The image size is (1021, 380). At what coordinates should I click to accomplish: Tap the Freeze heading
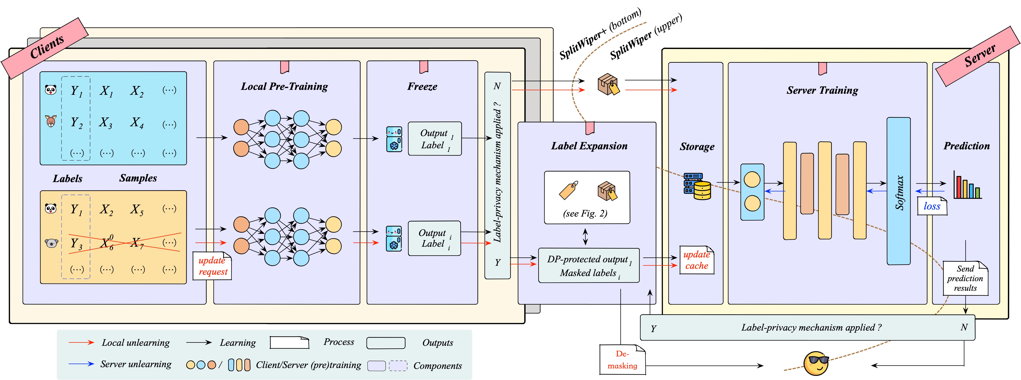pos(422,86)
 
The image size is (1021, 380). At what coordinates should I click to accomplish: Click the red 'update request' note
pos(212,266)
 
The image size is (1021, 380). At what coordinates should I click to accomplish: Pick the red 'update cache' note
pos(697,260)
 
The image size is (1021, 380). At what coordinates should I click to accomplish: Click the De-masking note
pos(622,359)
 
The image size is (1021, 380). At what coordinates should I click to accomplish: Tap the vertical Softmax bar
pos(898,191)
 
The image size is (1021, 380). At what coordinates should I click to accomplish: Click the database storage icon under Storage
pos(697,186)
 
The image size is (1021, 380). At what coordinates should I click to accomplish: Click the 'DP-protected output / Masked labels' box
pos(589,266)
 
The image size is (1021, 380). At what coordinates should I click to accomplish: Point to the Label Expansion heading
pos(589,146)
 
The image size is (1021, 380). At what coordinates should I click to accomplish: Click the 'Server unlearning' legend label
pos(136,364)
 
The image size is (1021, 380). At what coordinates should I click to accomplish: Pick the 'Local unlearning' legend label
pos(136,343)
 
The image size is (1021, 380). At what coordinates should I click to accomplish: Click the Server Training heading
pos(822,90)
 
